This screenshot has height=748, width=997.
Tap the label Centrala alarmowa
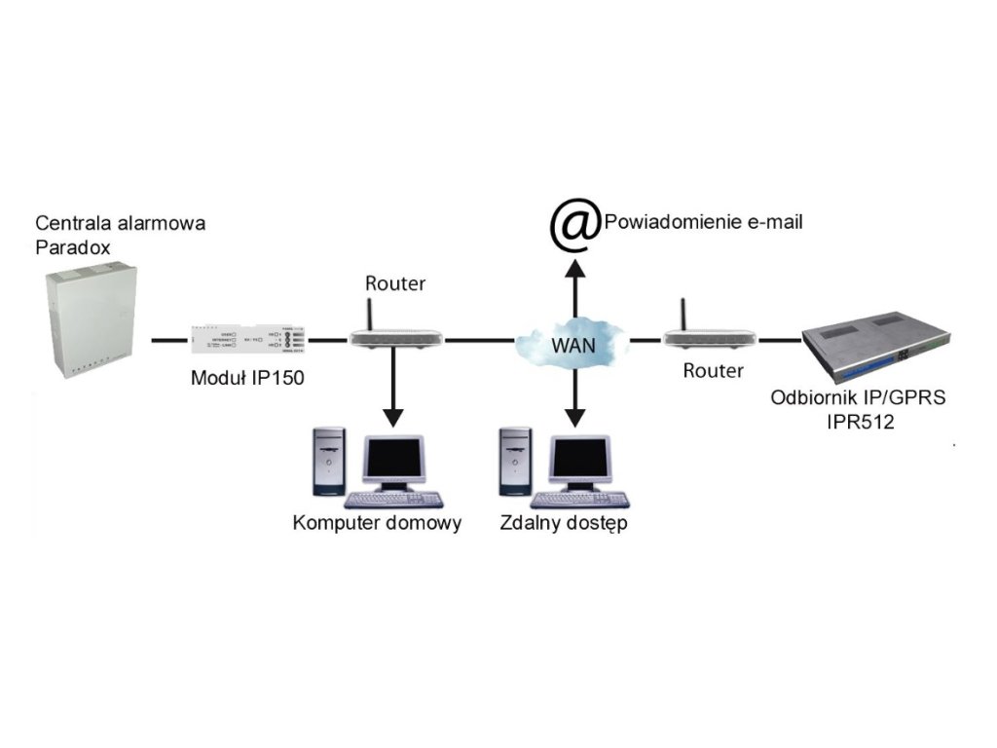pyautogui.click(x=120, y=223)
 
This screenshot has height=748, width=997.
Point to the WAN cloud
pyautogui.click(x=573, y=343)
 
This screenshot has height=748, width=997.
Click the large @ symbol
pyautogui.click(x=573, y=225)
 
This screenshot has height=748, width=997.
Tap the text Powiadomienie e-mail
pyautogui.click(x=703, y=222)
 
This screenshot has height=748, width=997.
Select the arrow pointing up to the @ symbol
pyautogui.click(x=574, y=287)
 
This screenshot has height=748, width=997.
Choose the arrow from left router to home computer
pyautogui.click(x=393, y=390)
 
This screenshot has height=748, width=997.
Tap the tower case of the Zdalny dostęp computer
pyautogui.click(x=516, y=462)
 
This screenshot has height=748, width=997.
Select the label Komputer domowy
pyautogui.click(x=377, y=523)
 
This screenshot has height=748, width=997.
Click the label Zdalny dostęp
pyautogui.click(x=563, y=523)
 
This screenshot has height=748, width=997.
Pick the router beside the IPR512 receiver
pyautogui.click(x=708, y=338)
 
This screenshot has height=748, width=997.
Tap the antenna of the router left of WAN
pyautogui.click(x=372, y=311)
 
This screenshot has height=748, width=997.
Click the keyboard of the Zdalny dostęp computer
pyautogui.click(x=581, y=500)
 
